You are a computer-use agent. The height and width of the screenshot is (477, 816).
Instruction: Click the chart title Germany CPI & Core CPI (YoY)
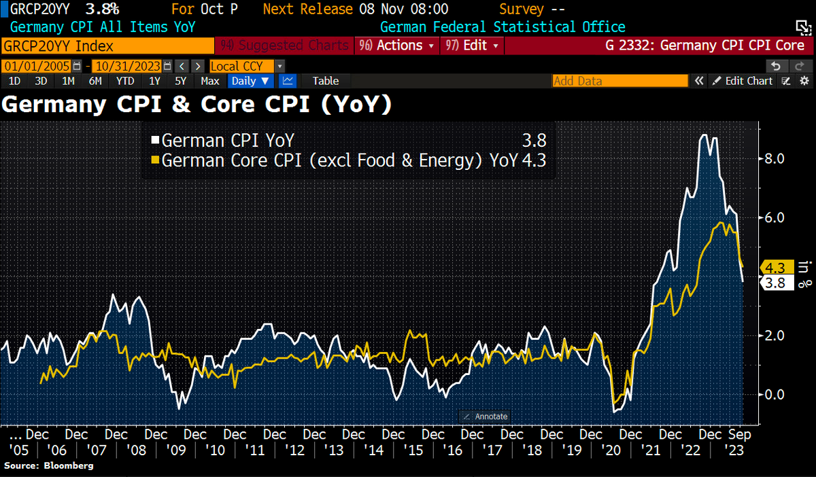[197, 105]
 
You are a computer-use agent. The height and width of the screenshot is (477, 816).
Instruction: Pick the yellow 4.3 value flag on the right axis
[776, 267]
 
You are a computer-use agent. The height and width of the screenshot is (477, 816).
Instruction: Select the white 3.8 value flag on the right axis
[776, 283]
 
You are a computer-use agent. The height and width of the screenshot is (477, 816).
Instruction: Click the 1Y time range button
[154, 81]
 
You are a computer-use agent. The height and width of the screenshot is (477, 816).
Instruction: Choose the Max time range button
[210, 81]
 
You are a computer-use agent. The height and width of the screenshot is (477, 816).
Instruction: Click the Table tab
[325, 81]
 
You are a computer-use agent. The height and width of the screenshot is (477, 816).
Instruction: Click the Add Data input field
[619, 81]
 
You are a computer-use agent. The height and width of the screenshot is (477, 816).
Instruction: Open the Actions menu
[404, 46]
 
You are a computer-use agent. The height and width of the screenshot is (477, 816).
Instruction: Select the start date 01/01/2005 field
[38, 66]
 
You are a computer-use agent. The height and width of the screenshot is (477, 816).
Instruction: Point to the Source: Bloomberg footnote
[49, 465]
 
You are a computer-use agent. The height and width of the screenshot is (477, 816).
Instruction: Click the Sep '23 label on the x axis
[738, 441]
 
